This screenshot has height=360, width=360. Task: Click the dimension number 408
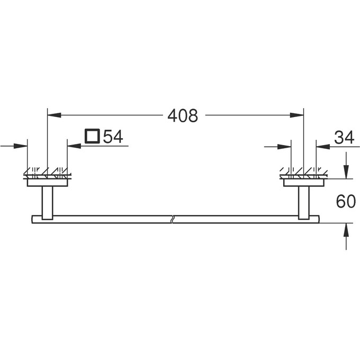click(x=182, y=115)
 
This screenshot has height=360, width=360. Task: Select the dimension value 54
click(x=113, y=137)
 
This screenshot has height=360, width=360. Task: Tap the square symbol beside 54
click(x=92, y=137)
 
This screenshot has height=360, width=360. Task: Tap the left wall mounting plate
click(x=47, y=182)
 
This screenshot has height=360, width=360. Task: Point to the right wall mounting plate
click(x=304, y=182)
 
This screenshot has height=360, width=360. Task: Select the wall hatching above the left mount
click(x=47, y=173)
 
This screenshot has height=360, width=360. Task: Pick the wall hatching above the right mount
click(x=304, y=173)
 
